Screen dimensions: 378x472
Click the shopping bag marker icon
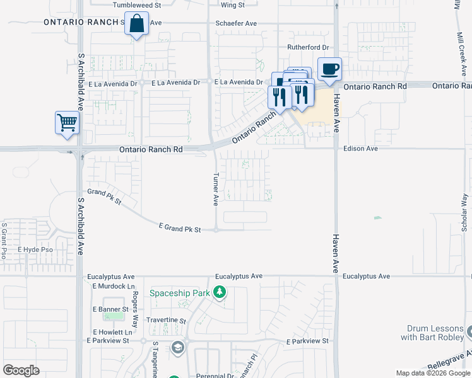(x=136, y=25)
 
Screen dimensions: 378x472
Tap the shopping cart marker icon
(x=68, y=123)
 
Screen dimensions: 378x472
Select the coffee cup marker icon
(x=329, y=69)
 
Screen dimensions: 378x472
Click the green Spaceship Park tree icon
(x=219, y=292)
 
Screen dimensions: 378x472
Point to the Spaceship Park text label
(x=179, y=293)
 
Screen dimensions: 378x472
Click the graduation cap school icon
(x=178, y=347)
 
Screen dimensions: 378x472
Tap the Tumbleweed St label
(x=137, y=5)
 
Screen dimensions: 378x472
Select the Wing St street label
(x=232, y=5)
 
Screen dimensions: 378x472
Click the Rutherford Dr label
(x=308, y=47)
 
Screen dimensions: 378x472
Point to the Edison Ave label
(x=360, y=149)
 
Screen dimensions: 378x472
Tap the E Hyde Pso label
(x=35, y=250)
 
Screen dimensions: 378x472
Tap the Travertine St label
(x=166, y=321)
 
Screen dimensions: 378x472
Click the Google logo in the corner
(x=21, y=370)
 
